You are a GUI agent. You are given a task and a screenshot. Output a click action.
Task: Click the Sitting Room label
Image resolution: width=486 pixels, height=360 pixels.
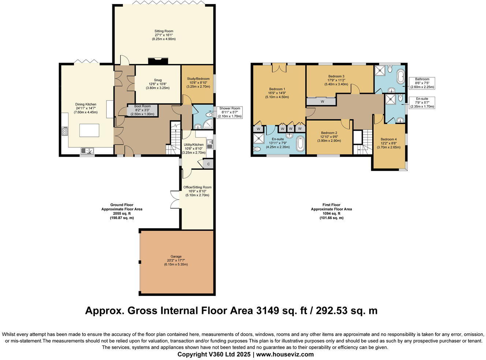tap(164, 31)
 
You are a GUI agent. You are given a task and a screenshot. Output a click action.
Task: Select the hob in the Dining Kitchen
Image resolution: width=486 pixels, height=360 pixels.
tap(65, 131)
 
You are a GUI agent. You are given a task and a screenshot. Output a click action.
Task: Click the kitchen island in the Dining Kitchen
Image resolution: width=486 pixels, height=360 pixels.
tap(89, 130)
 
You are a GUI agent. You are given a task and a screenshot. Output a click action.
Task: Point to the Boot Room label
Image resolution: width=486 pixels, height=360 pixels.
tap(142, 106)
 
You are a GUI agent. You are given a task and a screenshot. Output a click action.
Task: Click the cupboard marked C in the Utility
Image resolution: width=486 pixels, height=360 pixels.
tap(208, 164)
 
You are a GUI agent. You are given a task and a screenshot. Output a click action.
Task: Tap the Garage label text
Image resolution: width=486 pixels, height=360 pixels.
tap(176, 256)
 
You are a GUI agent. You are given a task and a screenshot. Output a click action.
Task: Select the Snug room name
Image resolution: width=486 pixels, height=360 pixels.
tap(158, 80)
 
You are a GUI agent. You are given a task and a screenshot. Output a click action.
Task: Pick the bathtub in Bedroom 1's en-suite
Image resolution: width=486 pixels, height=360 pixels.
tap(300, 144)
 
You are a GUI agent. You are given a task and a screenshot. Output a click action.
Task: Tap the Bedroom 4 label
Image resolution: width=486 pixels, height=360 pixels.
tap(389, 139)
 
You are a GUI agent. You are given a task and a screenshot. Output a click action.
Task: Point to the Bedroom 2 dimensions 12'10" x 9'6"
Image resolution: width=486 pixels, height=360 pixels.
tap(329, 137)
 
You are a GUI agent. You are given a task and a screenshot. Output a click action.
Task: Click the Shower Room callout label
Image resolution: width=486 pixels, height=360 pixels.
tap(229, 108)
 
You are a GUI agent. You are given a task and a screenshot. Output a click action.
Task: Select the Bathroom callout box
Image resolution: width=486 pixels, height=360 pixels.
tap(422, 83)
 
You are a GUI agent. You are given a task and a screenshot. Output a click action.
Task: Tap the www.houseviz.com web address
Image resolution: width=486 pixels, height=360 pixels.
tap(285, 354)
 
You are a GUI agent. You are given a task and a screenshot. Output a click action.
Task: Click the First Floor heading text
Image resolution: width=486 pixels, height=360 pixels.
tap(331, 205)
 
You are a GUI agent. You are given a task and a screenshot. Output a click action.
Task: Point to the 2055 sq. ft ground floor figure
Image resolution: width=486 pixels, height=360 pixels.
tap(121, 214)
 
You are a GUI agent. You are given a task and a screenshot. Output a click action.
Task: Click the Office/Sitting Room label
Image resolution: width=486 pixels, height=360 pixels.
tap(197, 187)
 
